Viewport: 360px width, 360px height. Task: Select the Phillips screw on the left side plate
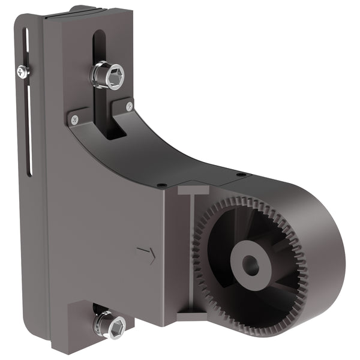[x=23, y=72]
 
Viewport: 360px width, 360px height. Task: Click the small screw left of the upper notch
[x=74, y=119]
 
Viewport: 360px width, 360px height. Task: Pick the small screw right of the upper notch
[x=130, y=106]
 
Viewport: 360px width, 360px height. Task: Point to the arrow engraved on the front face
[x=146, y=254]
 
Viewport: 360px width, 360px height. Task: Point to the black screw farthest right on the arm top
[x=241, y=175]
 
